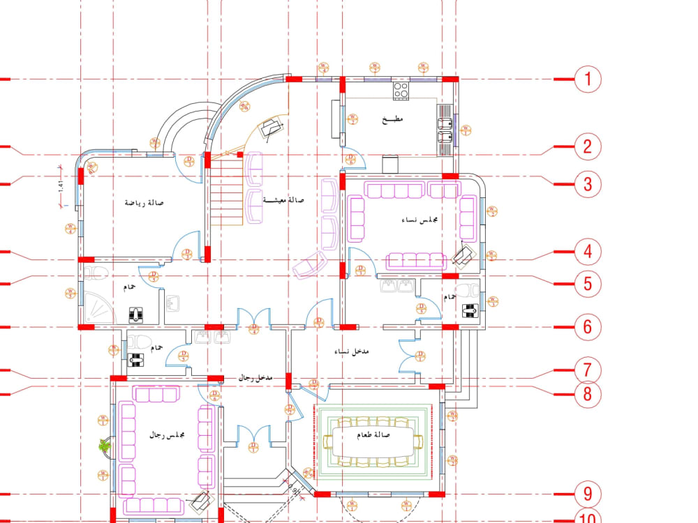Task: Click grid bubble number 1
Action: coord(588,79)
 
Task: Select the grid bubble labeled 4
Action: coord(588,252)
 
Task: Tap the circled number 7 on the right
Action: coord(588,368)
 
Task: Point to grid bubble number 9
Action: coord(588,494)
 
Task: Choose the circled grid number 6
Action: coord(588,326)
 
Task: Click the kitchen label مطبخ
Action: coord(393,120)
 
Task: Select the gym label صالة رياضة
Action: coord(144,203)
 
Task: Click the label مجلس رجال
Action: coord(167,434)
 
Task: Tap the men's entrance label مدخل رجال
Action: coord(255,377)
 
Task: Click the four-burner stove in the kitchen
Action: coord(401,89)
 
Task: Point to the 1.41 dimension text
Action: coord(61,187)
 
